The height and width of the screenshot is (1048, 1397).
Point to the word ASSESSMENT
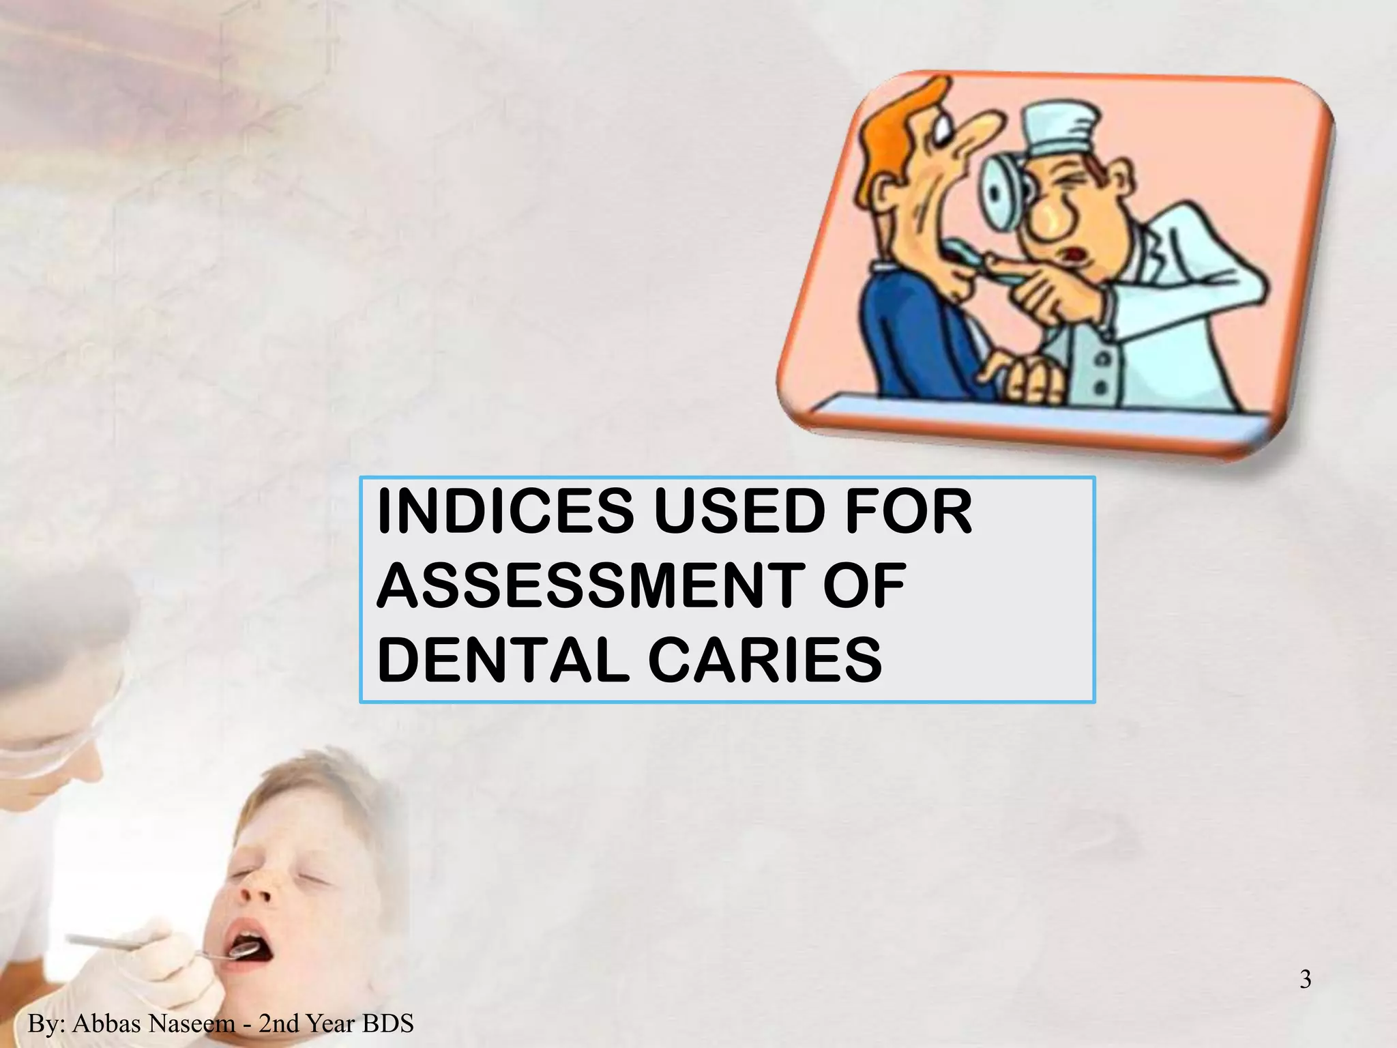click(586, 586)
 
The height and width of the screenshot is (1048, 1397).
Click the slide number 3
click(1305, 980)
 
